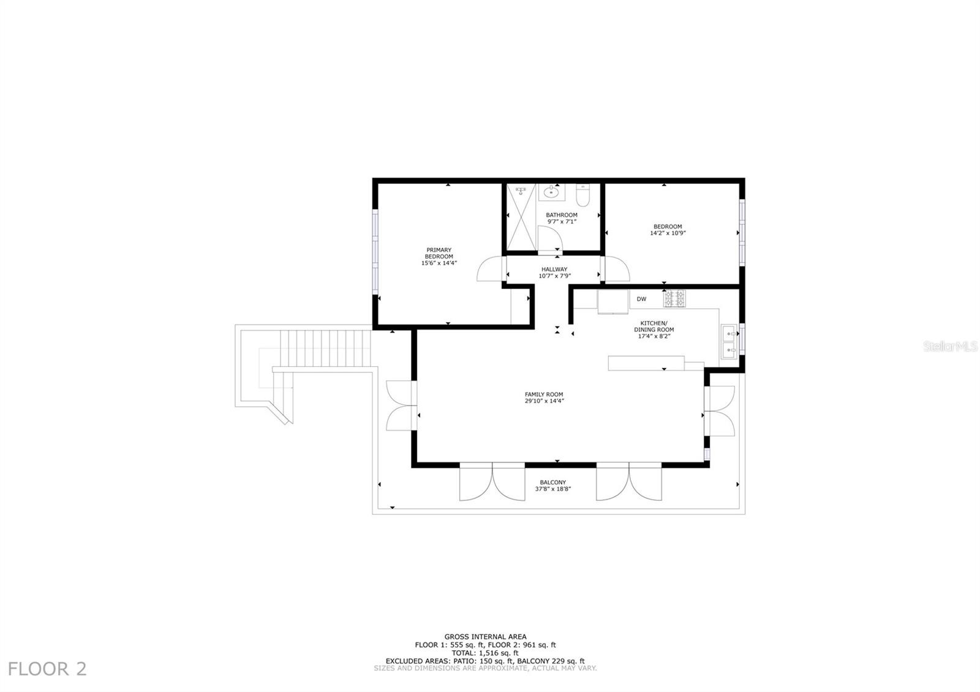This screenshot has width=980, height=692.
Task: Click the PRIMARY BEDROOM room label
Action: point(439,254)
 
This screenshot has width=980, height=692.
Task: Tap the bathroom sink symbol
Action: point(551,192)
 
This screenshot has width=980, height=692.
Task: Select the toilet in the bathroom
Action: point(582,195)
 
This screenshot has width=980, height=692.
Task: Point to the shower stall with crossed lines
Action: point(521,217)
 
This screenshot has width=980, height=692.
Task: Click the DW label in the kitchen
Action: point(641,299)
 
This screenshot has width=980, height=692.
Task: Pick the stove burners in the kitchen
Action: point(674,298)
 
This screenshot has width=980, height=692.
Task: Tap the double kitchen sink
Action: point(729,342)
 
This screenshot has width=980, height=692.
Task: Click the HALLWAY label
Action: point(554,269)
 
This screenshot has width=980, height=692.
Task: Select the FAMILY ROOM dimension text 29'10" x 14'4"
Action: point(545,401)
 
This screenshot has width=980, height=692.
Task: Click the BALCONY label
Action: point(553,483)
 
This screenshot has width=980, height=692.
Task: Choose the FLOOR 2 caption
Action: point(47,669)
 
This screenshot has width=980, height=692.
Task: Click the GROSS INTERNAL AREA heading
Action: point(486,637)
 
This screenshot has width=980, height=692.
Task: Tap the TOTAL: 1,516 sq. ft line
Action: point(485,653)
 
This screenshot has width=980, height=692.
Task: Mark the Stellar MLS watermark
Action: point(950,347)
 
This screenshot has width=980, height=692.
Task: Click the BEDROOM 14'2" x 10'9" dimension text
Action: point(668,233)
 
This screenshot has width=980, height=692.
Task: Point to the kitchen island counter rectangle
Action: point(646,364)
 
